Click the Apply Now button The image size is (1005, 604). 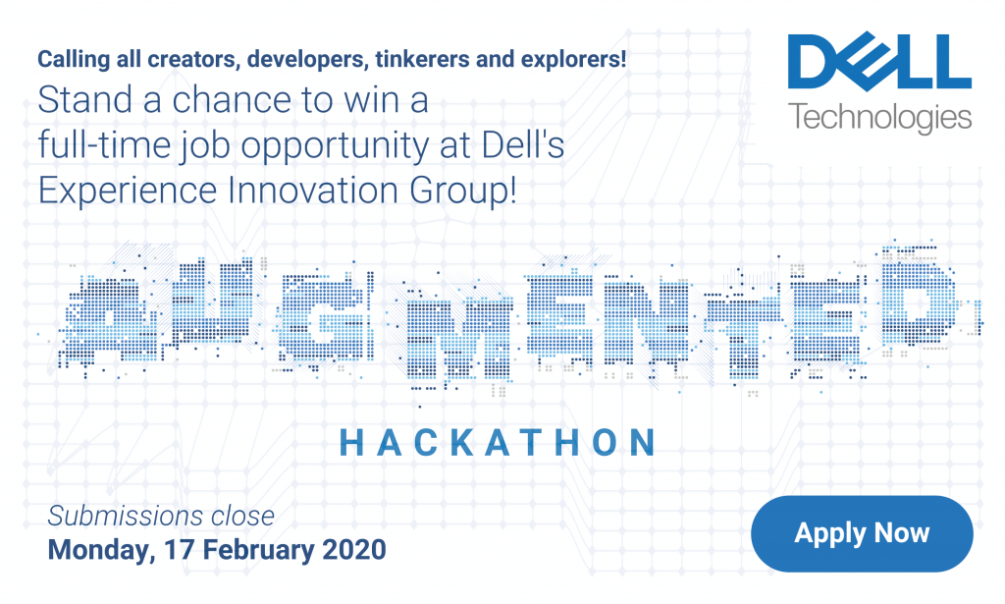(x=862, y=533)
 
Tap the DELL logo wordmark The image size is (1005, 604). (x=879, y=62)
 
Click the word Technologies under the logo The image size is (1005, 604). (x=880, y=119)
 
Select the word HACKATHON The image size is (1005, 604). (x=498, y=442)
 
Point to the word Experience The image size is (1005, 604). (x=128, y=192)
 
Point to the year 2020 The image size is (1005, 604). (x=354, y=550)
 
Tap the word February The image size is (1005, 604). (x=258, y=551)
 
